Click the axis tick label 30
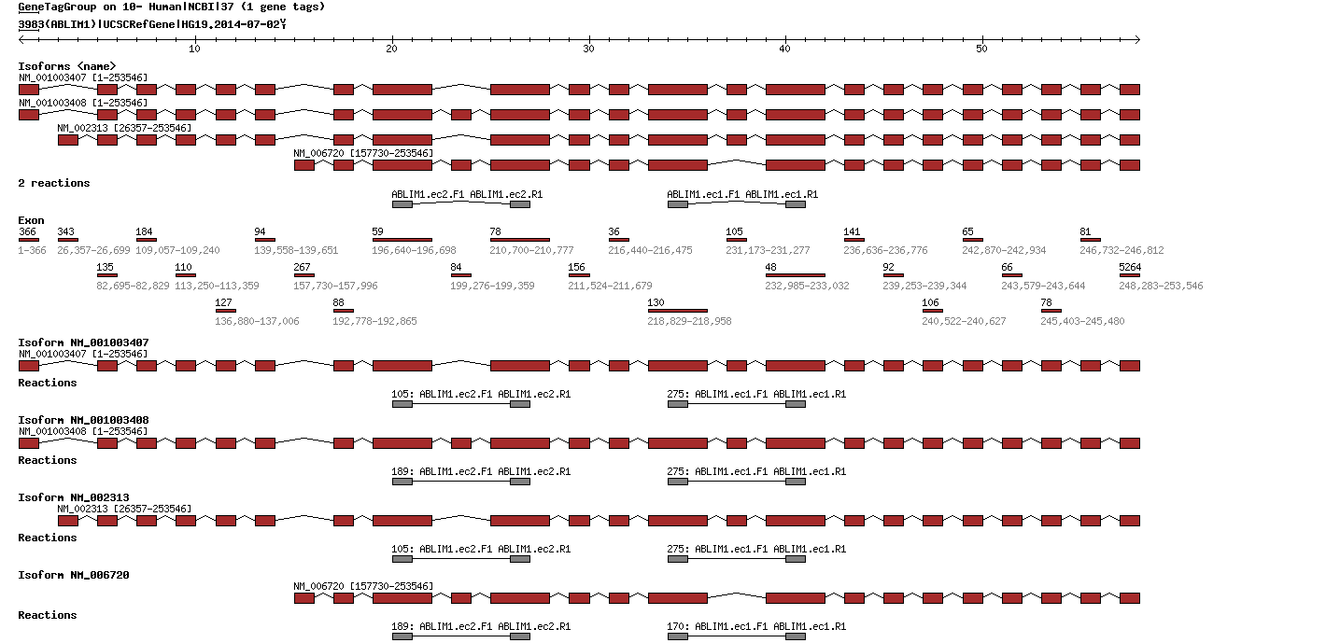[x=588, y=48]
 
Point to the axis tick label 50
[x=981, y=48]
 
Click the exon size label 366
[x=27, y=231]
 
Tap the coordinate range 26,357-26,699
[x=93, y=250]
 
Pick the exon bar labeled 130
[x=677, y=311]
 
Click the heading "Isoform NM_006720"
[x=74, y=575]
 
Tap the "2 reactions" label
[x=54, y=183]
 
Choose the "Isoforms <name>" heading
[x=67, y=66]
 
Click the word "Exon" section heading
[x=31, y=220]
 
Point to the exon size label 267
[x=303, y=267]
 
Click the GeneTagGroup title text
[x=172, y=7]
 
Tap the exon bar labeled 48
[x=795, y=275]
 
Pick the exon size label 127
[x=223, y=302]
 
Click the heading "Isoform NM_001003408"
[x=83, y=420]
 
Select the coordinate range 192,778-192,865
[x=374, y=321]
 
